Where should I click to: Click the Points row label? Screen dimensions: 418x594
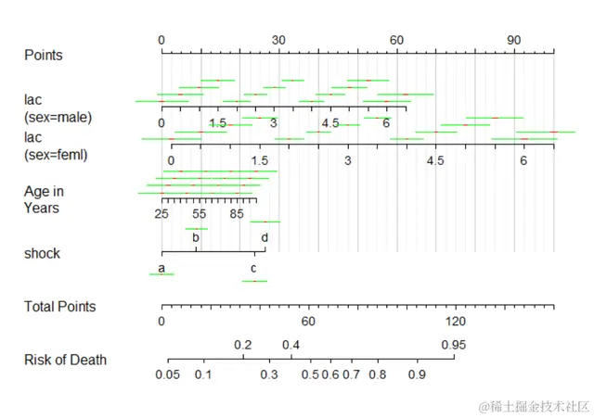click(x=44, y=56)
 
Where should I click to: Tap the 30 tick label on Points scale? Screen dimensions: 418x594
click(x=278, y=41)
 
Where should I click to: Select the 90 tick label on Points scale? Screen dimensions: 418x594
click(x=514, y=41)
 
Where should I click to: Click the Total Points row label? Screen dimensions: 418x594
click(x=59, y=307)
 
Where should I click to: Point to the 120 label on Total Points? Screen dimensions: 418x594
click(x=455, y=322)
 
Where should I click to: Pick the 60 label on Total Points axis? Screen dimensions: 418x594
click(x=308, y=322)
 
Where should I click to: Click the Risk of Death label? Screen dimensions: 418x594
click(x=65, y=360)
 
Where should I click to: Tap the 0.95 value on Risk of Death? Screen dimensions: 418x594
click(x=454, y=345)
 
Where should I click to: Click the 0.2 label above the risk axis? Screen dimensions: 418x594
click(x=243, y=345)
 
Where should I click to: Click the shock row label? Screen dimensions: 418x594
click(x=42, y=253)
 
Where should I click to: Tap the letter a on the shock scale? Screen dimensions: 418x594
click(x=161, y=269)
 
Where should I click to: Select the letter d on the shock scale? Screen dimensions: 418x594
click(x=265, y=237)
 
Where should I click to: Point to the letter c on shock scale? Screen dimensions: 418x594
click(x=253, y=269)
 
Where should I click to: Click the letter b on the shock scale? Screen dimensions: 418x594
click(x=196, y=237)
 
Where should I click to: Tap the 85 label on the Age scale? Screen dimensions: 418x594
click(x=237, y=214)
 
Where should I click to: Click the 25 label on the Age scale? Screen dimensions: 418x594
click(x=161, y=214)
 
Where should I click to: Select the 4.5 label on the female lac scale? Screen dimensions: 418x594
click(x=435, y=161)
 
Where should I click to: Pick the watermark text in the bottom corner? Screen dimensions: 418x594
click(x=534, y=406)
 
